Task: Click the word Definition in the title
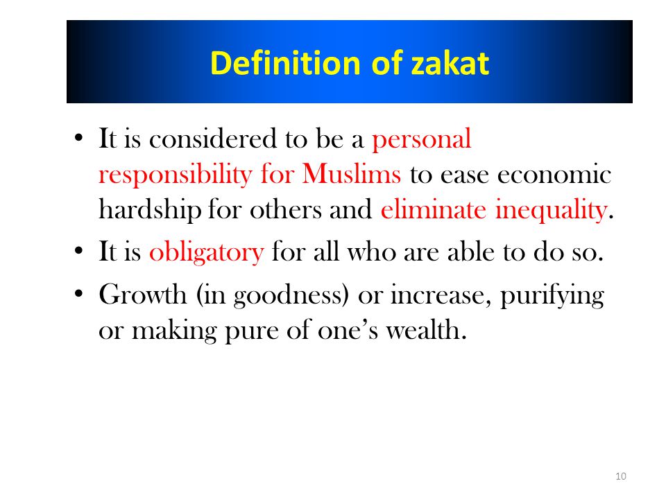285,63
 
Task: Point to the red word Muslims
351,173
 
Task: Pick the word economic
554,173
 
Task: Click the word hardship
150,210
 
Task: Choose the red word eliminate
433,209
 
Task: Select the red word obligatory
207,252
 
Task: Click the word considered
213,139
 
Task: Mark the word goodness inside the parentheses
288,296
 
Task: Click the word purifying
552,296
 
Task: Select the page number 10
621,476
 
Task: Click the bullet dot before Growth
78,294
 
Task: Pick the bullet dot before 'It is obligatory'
78,250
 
